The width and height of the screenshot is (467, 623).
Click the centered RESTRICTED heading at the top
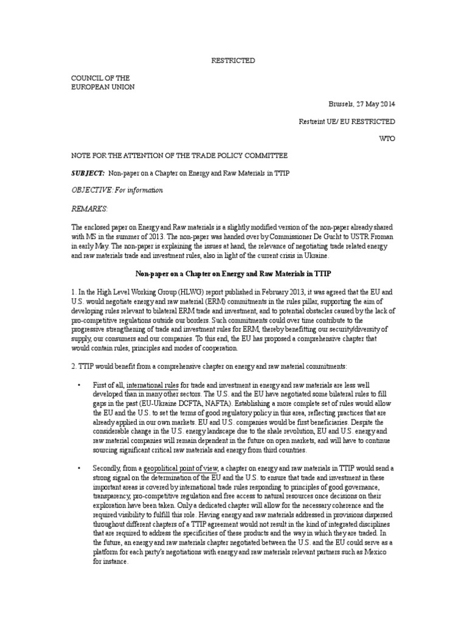pos(233,61)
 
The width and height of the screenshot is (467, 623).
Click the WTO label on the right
pos(387,139)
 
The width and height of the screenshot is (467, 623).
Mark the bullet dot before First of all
pos(79,386)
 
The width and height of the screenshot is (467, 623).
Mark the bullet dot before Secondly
pos(79,468)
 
